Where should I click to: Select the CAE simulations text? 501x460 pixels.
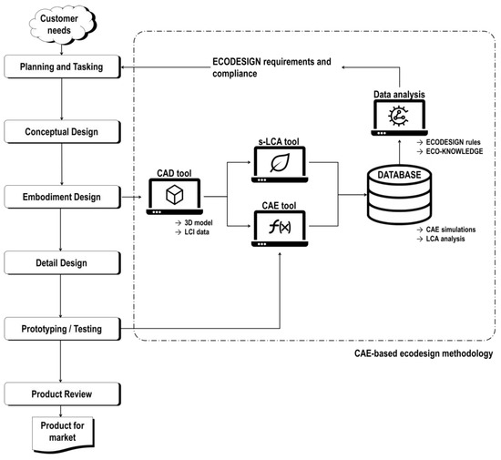(x=447, y=232)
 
